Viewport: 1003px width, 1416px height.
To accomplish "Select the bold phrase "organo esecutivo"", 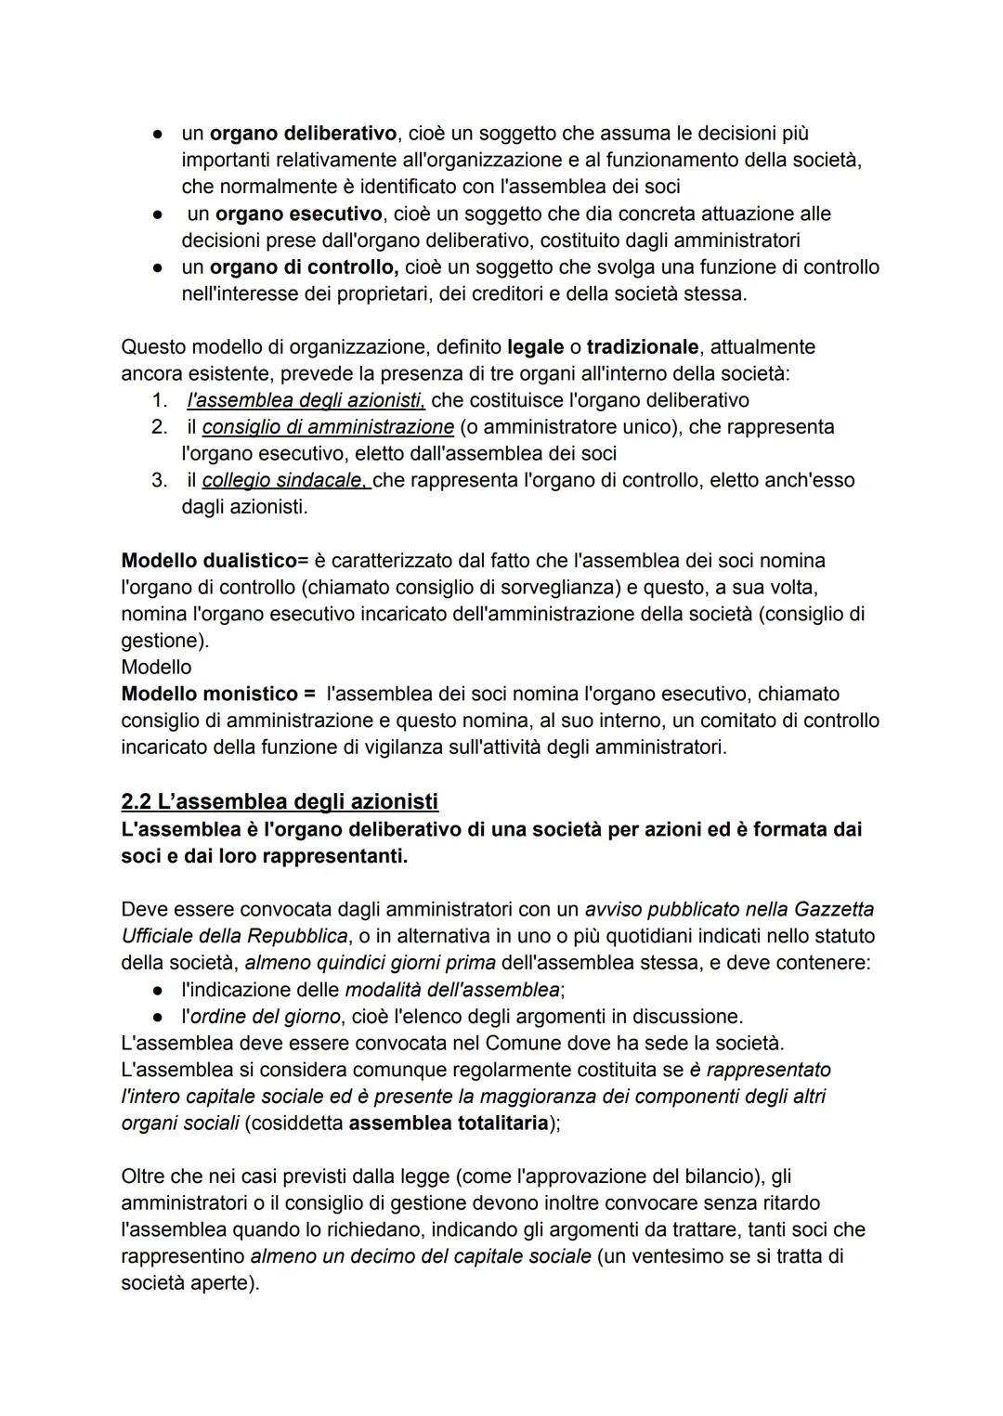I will pos(292,214).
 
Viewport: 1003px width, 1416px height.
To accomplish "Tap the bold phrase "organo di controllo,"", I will pos(304,267).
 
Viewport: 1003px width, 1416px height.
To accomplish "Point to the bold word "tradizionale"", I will pos(642,347).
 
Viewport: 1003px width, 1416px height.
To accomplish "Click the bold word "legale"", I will pos(535,347).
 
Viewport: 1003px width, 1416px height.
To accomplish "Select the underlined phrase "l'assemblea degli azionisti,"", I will pos(306,401).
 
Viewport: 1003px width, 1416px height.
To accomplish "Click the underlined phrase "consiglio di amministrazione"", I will pos(328,427).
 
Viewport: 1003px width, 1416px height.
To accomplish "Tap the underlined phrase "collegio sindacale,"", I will pos(286,481).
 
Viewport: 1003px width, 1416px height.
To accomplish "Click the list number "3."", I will pos(159,481).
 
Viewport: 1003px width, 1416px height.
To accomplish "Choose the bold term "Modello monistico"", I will pos(204,695).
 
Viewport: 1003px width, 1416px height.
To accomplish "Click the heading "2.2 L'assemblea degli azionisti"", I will pos(280,801).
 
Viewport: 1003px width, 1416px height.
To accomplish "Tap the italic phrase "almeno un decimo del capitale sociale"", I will pos(420,1256).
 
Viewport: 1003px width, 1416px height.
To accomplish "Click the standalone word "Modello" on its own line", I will pos(156,668).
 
